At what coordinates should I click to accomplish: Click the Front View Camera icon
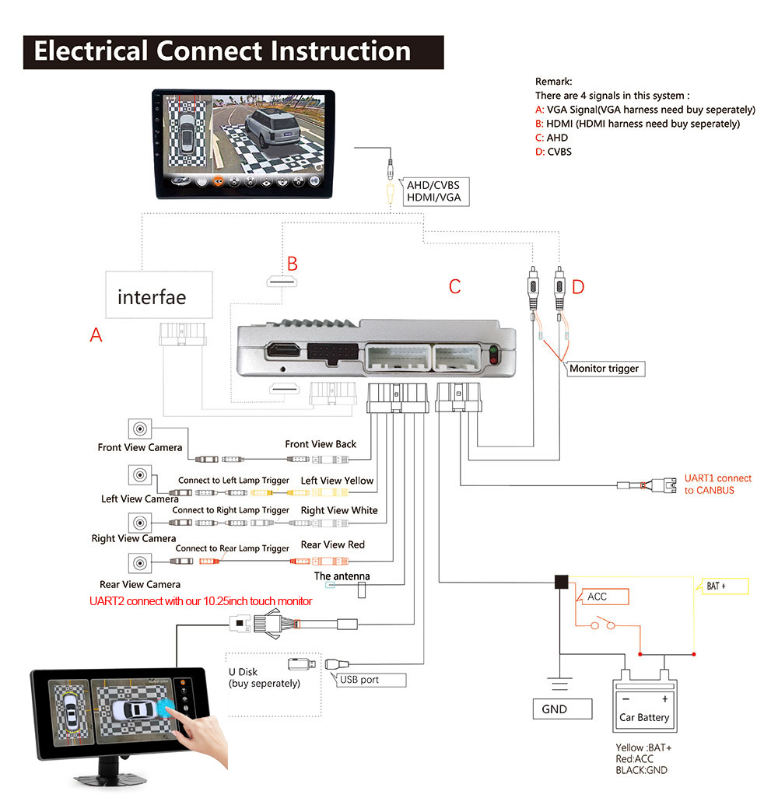coord(140,428)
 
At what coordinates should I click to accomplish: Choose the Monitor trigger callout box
coord(604,368)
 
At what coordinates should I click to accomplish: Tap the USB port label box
coord(372,680)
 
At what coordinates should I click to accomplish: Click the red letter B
coord(292,264)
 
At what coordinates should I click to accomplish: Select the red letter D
coord(577,287)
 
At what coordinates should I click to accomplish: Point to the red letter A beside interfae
coord(96,335)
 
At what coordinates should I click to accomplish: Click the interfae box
coord(159,295)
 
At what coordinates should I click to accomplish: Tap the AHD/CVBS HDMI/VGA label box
coord(434,191)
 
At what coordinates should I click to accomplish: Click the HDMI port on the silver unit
coord(282,352)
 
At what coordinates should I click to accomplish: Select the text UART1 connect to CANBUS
coord(717,484)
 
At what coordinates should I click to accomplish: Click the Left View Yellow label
coord(337,481)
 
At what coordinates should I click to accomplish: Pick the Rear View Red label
coord(332,544)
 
